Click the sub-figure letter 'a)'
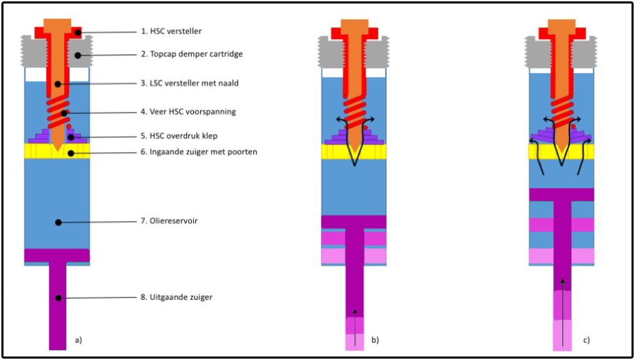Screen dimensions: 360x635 78,340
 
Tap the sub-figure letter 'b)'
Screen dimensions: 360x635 375,340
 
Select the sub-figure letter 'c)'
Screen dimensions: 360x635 586,340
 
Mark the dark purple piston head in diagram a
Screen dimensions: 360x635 57,255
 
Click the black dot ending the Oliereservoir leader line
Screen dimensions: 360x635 59,223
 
